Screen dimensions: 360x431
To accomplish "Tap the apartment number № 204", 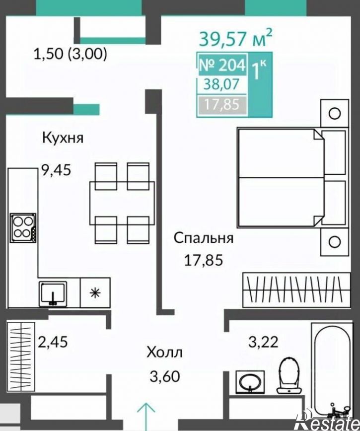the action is pyautogui.click(x=222, y=65).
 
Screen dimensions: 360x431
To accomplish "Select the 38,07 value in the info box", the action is pyautogui.click(x=221, y=84).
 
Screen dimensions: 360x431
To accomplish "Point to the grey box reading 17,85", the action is pyautogui.click(x=222, y=104).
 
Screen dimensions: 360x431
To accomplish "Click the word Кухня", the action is pyautogui.click(x=63, y=138).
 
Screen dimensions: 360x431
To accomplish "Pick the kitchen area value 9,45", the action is pyautogui.click(x=56, y=170).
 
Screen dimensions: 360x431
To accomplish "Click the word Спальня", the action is pyautogui.click(x=204, y=238).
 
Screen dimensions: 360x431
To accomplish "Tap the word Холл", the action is pyautogui.click(x=165, y=353).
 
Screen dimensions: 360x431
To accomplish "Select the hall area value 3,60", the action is pyautogui.click(x=165, y=376).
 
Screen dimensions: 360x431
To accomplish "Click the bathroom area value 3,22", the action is pyautogui.click(x=263, y=342).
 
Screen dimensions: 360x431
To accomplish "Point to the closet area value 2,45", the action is pyautogui.click(x=53, y=342).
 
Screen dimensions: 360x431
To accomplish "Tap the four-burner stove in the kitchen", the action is pyautogui.click(x=23, y=228).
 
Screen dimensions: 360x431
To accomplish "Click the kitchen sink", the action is pyautogui.click(x=53, y=294).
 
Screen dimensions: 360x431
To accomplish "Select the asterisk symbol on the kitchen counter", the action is pyautogui.click(x=95, y=293).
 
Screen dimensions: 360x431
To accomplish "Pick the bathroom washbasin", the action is pyautogui.click(x=250, y=382).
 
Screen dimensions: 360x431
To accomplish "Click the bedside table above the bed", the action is pyautogui.click(x=335, y=113).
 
